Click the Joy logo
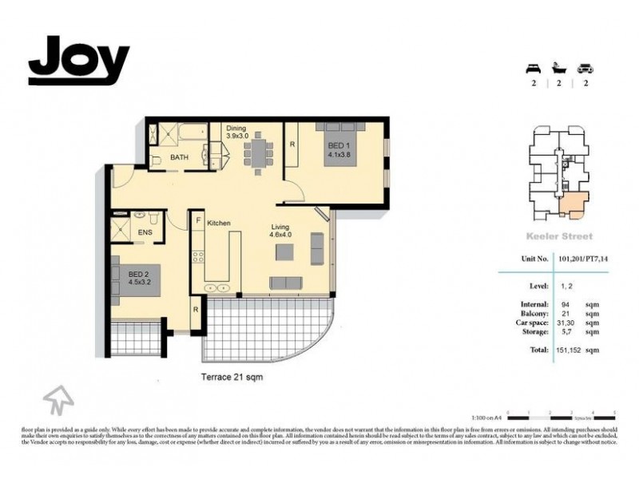pyautogui.click(x=78, y=60)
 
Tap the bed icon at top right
pyautogui.click(x=530, y=67)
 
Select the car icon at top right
pyautogui.click(x=585, y=67)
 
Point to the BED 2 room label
pyautogui.click(x=141, y=276)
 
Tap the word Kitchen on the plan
pyautogui.click(x=219, y=223)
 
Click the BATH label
pyautogui.click(x=180, y=157)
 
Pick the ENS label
pyautogui.click(x=145, y=233)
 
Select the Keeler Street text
pyautogui.click(x=558, y=236)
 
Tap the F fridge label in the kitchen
pyautogui.click(x=196, y=220)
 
